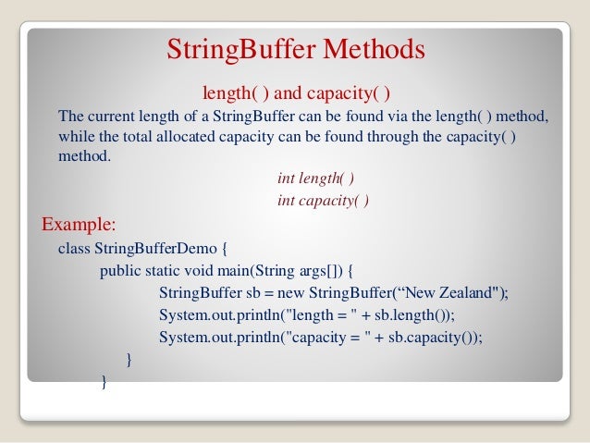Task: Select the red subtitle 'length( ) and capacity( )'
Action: pos(295,93)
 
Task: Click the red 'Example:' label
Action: pos(80,225)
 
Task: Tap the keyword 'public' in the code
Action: pos(121,271)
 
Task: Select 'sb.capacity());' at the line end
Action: pos(435,338)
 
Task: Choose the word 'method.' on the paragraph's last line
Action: pos(83,156)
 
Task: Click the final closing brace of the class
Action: pos(104,382)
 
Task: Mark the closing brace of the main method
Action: pos(129,360)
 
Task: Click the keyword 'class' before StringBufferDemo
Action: pos(73,249)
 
